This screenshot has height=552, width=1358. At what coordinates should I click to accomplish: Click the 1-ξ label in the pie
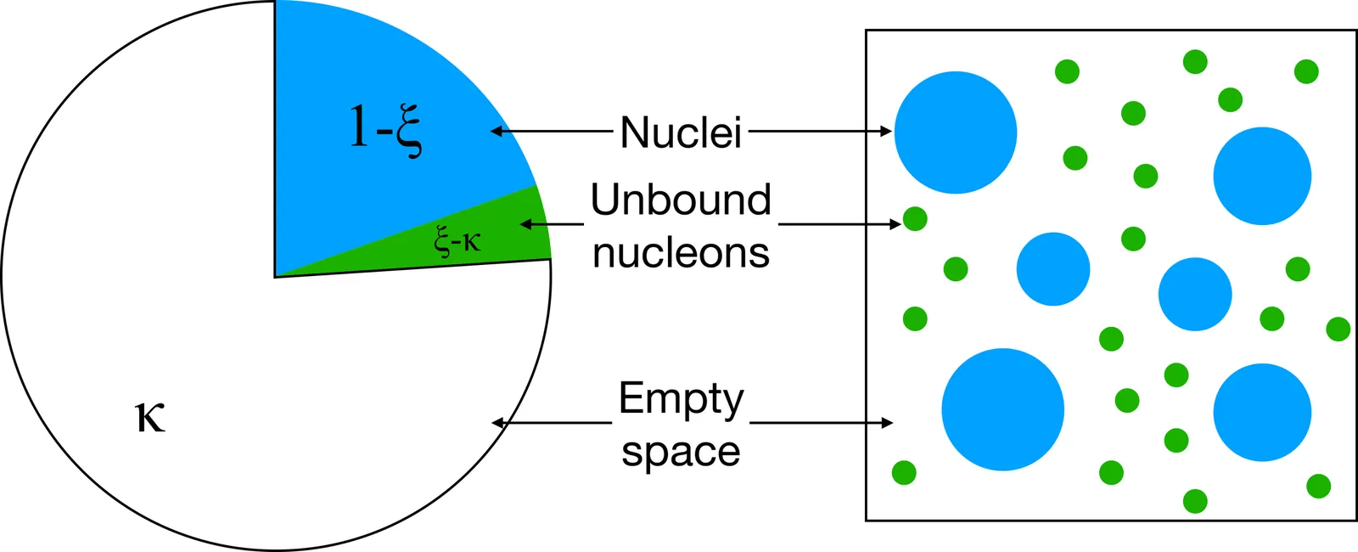point(384,129)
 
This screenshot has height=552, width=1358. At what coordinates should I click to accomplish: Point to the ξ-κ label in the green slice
point(457,240)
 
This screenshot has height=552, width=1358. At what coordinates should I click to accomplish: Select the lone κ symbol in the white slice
point(150,417)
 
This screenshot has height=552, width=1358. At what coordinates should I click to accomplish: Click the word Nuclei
point(681,132)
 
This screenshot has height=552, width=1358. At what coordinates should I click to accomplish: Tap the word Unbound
point(681,200)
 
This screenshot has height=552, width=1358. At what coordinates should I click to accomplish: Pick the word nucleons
point(681,252)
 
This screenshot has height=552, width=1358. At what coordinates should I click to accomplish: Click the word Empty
point(681,399)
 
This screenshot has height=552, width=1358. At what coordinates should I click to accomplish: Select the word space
point(681,451)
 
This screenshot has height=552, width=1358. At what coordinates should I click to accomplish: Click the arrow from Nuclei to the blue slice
point(552,132)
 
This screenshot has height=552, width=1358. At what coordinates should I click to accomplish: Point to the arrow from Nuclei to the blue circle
point(820,132)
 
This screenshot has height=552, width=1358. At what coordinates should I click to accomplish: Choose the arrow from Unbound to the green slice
point(552,224)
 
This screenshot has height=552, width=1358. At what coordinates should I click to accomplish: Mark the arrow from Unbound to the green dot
point(839,224)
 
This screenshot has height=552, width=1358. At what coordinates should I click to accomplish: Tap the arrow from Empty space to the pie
point(552,423)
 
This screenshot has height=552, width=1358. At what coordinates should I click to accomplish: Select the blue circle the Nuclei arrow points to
point(956,132)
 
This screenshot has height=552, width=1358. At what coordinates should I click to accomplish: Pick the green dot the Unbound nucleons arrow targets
point(915,219)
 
